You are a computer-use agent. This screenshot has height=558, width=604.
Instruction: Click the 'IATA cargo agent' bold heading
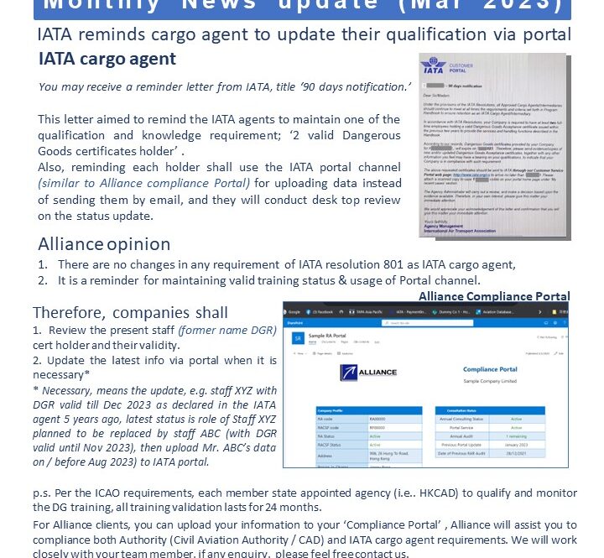(x=107, y=59)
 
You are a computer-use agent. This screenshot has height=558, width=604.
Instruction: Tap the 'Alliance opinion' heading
(x=104, y=244)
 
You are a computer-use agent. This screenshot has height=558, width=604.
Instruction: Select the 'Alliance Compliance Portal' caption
(x=494, y=296)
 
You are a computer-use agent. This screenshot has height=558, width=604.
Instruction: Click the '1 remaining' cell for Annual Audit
(x=517, y=437)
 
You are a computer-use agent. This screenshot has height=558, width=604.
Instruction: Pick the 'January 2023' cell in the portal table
(x=517, y=446)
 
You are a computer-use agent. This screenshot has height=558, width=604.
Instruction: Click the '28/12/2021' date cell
(x=517, y=455)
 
